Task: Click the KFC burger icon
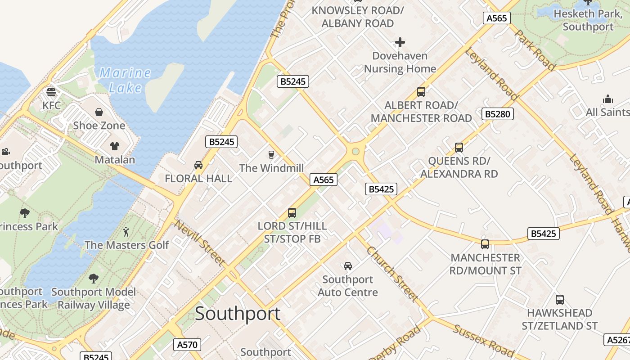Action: [51, 92]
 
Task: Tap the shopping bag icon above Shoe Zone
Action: [99, 112]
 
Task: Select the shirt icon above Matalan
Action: [115, 146]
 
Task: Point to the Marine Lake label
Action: [125, 80]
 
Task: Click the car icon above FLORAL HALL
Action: [198, 165]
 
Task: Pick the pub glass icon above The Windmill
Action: [271, 155]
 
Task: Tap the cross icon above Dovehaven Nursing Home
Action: [400, 43]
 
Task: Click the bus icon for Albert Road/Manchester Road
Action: [421, 92]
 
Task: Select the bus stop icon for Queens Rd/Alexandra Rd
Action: [459, 148]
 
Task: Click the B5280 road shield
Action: [498, 114]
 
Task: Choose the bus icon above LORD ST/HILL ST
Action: [292, 212]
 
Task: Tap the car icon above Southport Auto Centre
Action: [348, 266]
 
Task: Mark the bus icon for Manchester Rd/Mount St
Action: [485, 244]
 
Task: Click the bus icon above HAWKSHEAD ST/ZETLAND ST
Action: [560, 300]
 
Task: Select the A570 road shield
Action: [187, 345]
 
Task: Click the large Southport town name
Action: [238, 314]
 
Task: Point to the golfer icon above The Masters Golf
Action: [126, 232]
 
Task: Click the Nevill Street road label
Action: [200, 243]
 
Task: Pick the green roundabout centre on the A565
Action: [355, 151]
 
